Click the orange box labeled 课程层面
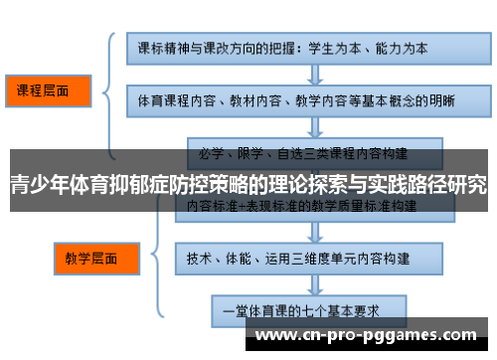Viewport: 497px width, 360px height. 49,90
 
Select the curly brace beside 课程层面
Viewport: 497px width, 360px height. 108,90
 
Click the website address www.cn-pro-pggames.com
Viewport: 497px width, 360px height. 365,337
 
